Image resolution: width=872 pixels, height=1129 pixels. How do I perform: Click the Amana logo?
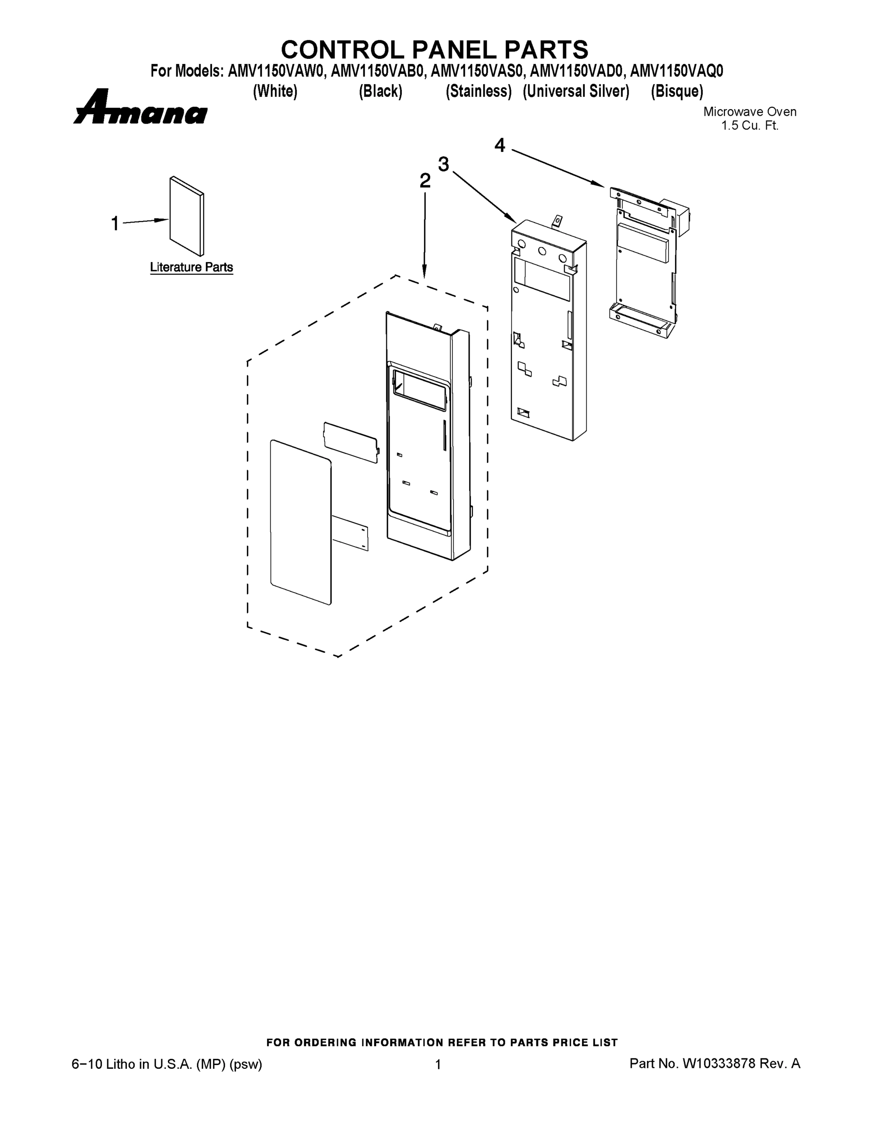(140, 108)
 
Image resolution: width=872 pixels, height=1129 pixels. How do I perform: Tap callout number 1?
(115, 224)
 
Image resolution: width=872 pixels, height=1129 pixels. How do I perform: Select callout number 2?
(424, 181)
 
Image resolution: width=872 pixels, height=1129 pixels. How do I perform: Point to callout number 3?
(443, 164)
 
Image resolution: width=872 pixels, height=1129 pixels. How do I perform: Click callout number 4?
(500, 145)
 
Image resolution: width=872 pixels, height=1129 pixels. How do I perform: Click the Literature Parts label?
(191, 267)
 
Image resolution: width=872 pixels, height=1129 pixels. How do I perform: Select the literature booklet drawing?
(187, 216)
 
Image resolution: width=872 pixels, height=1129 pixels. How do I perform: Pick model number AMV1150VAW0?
(276, 71)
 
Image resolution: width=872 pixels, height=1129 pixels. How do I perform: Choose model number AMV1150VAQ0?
(677, 71)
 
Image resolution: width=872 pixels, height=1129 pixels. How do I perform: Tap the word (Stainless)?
(479, 92)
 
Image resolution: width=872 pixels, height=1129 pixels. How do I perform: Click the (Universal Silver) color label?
(576, 92)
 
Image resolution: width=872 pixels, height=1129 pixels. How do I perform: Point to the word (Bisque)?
(677, 92)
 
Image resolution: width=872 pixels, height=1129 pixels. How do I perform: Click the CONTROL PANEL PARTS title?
(434, 49)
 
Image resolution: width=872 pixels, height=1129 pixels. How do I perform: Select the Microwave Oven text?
(750, 111)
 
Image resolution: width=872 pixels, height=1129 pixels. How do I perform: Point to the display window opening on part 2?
(419, 390)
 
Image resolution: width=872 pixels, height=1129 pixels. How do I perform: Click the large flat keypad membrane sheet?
(300, 522)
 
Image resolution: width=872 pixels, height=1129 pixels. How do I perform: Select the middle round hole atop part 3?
(542, 251)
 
